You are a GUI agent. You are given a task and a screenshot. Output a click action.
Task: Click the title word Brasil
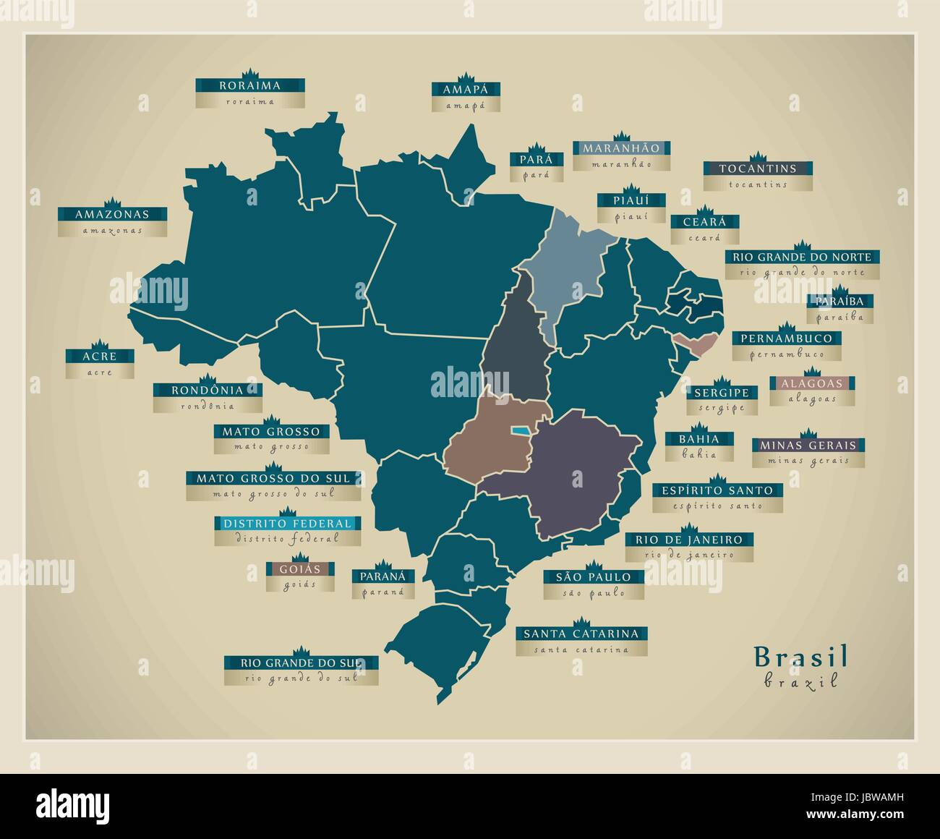800,656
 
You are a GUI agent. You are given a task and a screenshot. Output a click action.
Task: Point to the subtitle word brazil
800,681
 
